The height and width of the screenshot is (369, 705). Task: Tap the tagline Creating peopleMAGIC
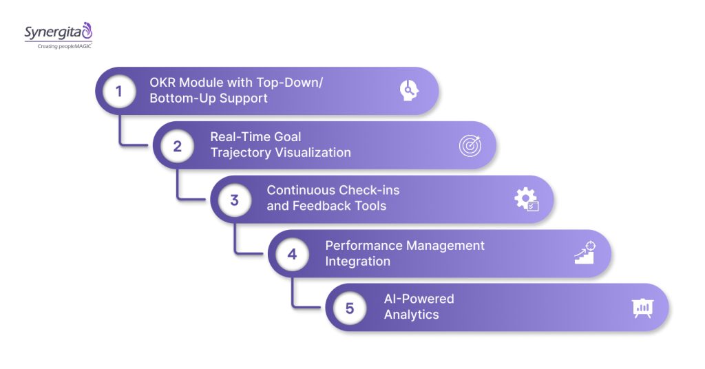[58, 46]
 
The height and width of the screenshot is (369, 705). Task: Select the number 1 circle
[119, 91]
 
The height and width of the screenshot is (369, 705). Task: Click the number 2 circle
[177, 145]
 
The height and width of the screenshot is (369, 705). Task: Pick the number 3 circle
[234, 200]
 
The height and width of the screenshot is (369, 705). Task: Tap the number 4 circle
[292, 254]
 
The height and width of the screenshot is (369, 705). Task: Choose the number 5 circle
[350, 308]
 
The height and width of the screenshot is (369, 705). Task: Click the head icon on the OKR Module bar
[410, 91]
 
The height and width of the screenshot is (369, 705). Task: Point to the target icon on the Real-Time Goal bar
[470, 145]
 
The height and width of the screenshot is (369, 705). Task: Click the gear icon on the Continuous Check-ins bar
[527, 200]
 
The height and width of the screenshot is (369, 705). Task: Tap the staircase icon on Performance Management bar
[585, 253]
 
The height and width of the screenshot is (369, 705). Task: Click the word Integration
[357, 261]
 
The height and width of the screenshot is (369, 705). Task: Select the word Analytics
[411, 315]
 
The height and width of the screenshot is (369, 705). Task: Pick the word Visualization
[313, 152]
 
